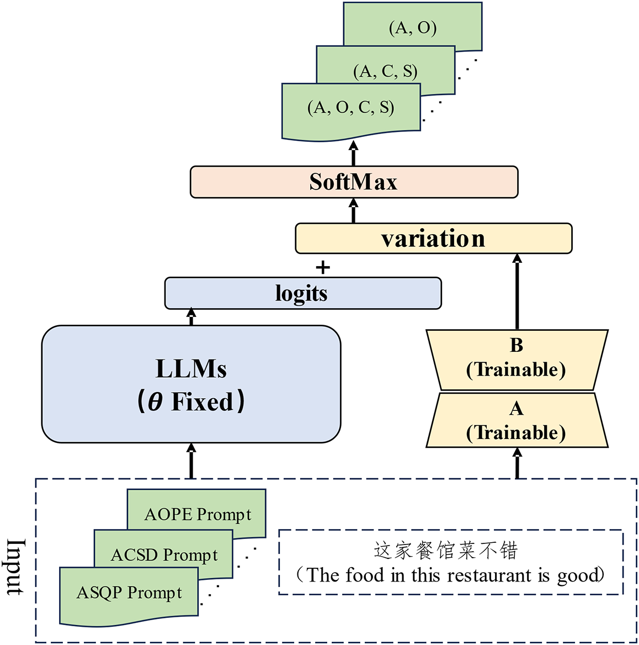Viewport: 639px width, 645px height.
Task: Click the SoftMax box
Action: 354,182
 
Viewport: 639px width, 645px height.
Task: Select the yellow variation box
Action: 434,239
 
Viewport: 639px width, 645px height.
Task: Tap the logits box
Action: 303,293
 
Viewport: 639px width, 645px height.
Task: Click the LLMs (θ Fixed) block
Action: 191,384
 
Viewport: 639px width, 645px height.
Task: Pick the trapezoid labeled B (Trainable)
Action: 517,360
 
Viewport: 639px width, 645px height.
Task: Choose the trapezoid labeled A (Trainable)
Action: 517,420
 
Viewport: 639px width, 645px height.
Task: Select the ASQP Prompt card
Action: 129,596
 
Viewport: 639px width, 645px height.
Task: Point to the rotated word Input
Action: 17,567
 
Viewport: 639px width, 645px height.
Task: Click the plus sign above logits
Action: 323,268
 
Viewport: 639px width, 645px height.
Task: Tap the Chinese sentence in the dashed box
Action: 446,551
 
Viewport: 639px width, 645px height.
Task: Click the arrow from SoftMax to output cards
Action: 353,154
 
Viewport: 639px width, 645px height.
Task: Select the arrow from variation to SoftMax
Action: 353,210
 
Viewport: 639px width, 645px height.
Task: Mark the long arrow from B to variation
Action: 518,292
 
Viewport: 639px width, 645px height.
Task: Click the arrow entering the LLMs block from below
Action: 191,461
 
